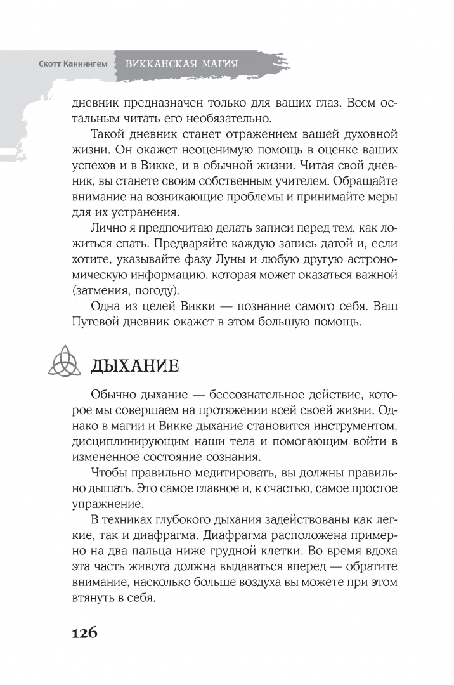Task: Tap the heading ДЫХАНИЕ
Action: tap(134, 366)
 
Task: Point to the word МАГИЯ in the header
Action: tap(213, 64)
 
